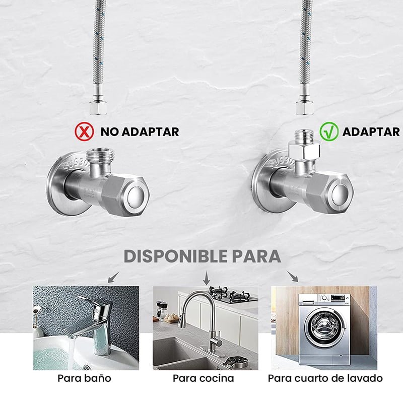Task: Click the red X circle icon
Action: [x=84, y=131]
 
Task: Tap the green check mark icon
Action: [x=329, y=131]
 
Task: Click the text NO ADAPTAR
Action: [x=140, y=132]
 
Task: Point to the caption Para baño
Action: [x=84, y=378]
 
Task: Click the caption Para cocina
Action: [x=204, y=378]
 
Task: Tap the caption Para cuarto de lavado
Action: [x=325, y=378]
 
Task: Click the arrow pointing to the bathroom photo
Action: [x=113, y=277]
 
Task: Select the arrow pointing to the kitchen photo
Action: [x=206, y=278]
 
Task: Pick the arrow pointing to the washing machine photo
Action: [x=293, y=277]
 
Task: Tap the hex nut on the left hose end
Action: [x=98, y=108]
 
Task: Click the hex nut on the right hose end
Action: [x=305, y=108]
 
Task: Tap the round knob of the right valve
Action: [x=340, y=193]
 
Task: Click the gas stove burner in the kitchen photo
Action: [x=233, y=294]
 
